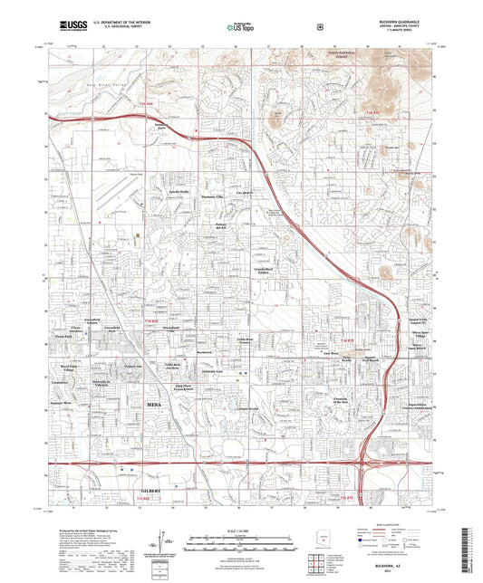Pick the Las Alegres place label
(x=245, y=194)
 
